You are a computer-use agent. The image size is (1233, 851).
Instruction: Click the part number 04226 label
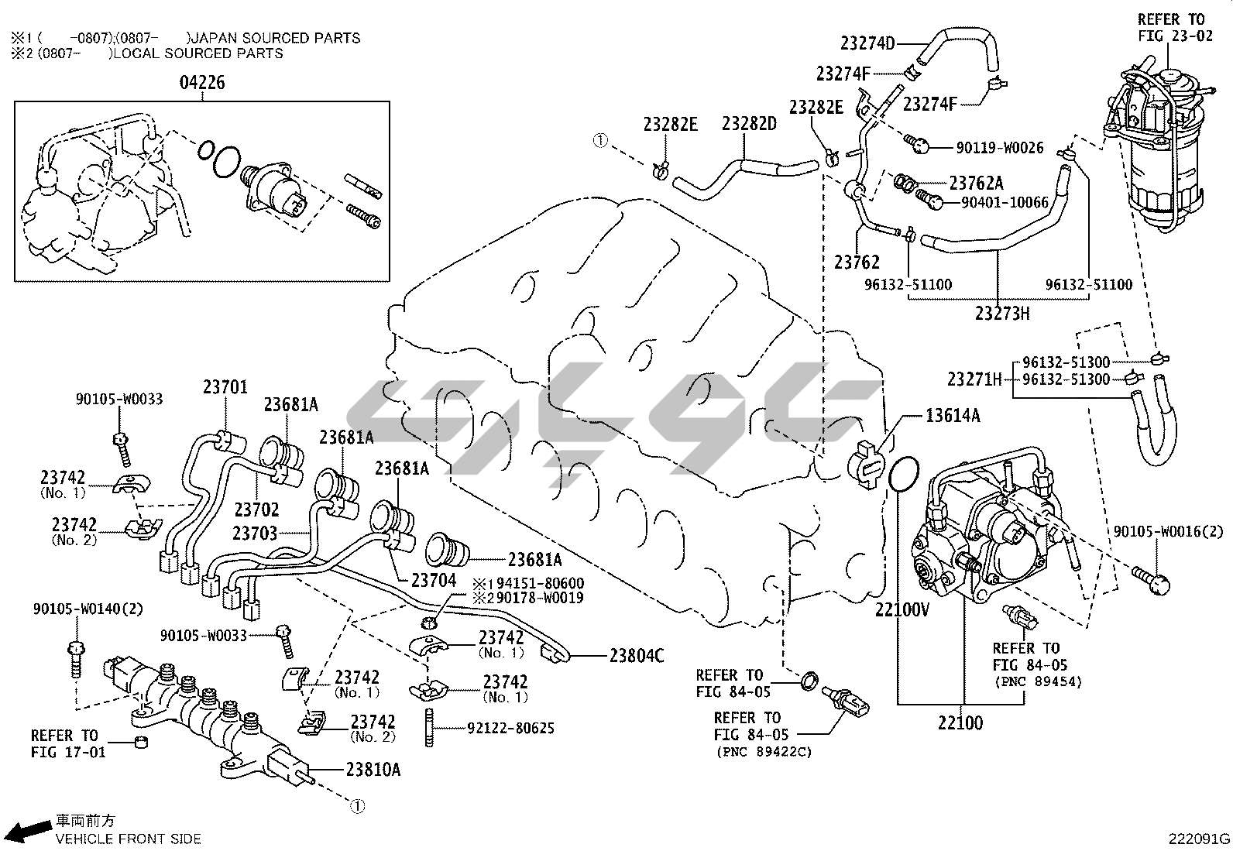coord(202,83)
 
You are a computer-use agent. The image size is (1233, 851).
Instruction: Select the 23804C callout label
coord(637,656)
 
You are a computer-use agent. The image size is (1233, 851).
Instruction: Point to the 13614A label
coord(953,417)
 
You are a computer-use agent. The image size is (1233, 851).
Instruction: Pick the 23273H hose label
coord(1002,314)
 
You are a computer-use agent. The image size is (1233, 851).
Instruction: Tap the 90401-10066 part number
coord(1005,202)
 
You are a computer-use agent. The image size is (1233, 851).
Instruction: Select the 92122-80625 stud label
coord(510,729)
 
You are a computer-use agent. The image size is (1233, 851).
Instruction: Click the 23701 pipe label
coord(225,386)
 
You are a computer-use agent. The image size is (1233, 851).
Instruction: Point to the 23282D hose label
coord(750,124)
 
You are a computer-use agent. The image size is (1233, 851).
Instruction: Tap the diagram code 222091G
coord(1200,839)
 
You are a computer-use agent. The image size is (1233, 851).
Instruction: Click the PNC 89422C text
coord(764,752)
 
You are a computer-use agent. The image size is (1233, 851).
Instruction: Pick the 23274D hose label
coord(867,44)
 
